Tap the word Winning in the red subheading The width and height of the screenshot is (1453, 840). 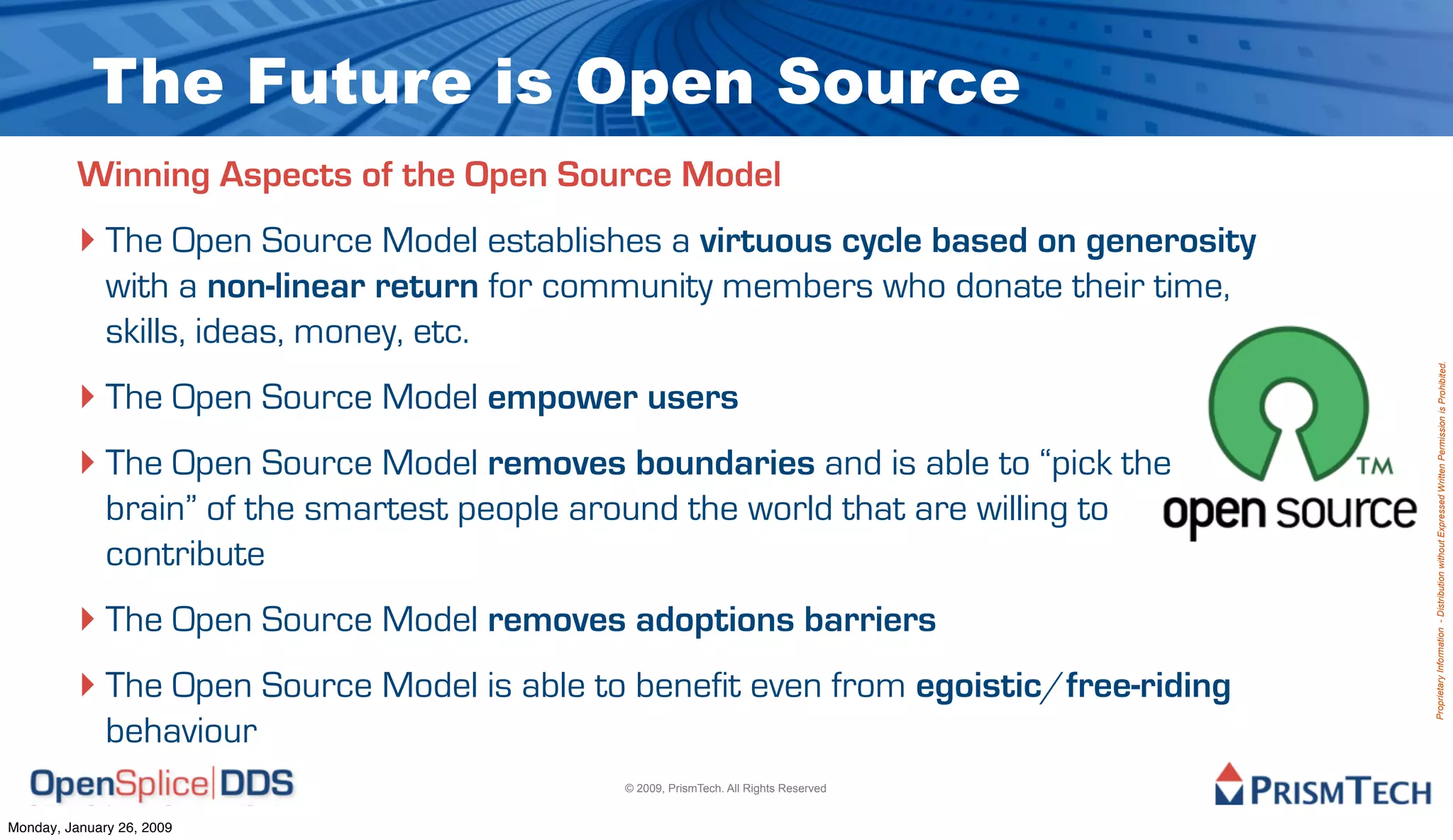(143, 175)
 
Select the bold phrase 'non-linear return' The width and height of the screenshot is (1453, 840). (343, 287)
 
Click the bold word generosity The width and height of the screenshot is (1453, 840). (1171, 242)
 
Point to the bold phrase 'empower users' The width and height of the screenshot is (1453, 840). (613, 397)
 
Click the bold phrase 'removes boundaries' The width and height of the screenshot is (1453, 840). (651, 463)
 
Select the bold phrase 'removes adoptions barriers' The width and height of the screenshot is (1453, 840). (712, 620)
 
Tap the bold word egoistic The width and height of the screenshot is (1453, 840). (978, 686)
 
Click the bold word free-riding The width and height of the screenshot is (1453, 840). (1148, 686)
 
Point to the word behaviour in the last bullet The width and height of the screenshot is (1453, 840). (181, 731)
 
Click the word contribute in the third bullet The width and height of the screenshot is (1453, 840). (185, 555)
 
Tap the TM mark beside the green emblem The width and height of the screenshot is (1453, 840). (1375, 466)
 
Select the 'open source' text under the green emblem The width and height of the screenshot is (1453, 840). (1289, 513)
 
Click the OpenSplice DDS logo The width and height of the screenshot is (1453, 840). (162, 785)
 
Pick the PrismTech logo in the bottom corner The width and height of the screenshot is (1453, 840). (1322, 785)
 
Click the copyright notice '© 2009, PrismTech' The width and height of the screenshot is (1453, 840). (725, 788)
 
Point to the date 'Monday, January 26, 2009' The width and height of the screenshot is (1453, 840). (90, 828)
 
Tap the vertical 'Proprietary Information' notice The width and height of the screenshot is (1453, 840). (1441, 541)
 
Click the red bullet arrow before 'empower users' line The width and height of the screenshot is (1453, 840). (87, 397)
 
